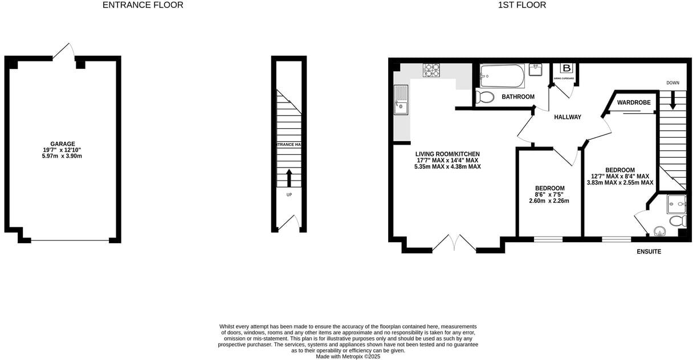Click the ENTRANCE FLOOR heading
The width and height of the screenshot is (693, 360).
142,5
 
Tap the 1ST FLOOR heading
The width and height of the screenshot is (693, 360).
522,5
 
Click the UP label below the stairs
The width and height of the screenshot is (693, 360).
289,195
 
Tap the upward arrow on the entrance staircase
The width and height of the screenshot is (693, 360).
289,177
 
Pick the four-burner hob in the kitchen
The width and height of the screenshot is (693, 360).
431,70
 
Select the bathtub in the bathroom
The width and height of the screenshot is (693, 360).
502,75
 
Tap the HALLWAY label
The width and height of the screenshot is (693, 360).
568,117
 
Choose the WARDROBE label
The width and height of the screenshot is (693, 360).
634,103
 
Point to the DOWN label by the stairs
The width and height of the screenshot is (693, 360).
672,83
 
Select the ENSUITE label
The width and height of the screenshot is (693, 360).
649,251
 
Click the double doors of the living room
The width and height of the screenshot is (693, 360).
454,243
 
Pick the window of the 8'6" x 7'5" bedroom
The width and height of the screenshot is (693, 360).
548,239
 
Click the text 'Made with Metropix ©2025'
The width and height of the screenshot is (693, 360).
348,357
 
